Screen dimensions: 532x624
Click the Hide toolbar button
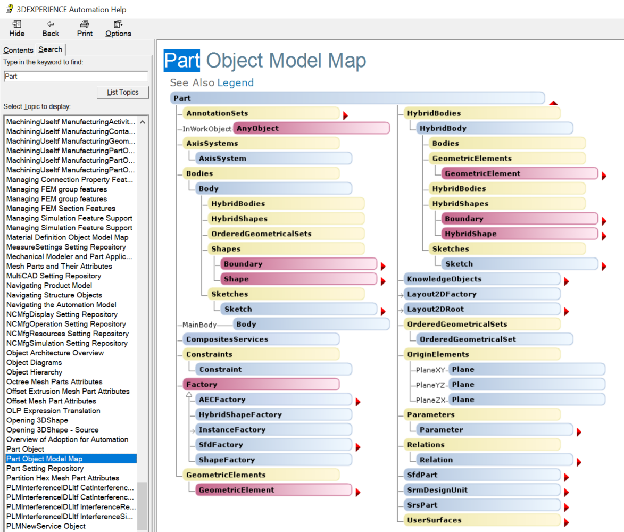click(x=17, y=28)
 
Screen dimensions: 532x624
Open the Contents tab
click(x=18, y=50)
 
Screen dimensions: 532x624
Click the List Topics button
click(x=123, y=92)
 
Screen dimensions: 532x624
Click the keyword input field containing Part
click(x=76, y=76)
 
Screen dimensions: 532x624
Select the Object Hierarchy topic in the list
click(x=34, y=372)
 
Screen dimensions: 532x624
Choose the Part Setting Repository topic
click(x=45, y=468)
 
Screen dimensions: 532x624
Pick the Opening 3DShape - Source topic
click(x=52, y=430)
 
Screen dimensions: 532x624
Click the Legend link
click(x=236, y=82)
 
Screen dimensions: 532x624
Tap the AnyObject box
click(x=311, y=128)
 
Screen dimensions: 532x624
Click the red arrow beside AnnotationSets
click(x=345, y=115)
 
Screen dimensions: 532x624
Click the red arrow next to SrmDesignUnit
click(x=567, y=493)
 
